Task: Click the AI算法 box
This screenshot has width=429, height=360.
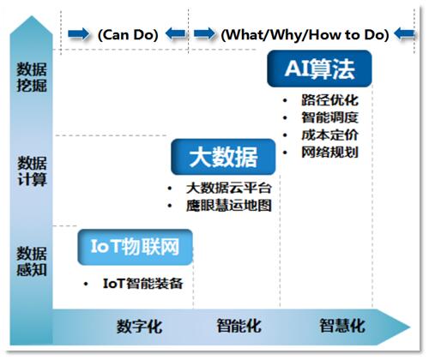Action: click(x=319, y=69)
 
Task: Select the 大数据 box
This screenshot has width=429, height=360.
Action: click(x=223, y=157)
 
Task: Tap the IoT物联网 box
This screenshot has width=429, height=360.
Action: click(x=135, y=247)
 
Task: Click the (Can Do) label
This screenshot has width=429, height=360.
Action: click(x=128, y=35)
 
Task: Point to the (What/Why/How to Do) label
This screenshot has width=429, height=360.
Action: click(x=305, y=35)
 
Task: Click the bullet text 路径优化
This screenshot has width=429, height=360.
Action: click(x=329, y=100)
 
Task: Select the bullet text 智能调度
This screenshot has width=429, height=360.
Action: click(x=329, y=117)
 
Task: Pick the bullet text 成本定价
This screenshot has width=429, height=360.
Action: click(x=329, y=135)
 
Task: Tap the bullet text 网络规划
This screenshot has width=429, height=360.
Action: click(x=329, y=152)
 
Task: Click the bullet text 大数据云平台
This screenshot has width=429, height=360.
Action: click(x=228, y=188)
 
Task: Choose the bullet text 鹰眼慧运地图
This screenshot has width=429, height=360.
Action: click(x=228, y=206)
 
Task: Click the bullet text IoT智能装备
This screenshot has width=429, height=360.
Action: click(x=142, y=284)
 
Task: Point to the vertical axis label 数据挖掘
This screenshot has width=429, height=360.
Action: click(x=32, y=77)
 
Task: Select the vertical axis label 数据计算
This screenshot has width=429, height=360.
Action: click(x=32, y=171)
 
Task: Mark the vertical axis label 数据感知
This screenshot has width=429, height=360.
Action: click(x=32, y=261)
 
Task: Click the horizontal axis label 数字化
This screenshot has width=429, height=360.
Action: click(x=139, y=327)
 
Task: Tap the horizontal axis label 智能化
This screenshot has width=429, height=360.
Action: click(x=239, y=326)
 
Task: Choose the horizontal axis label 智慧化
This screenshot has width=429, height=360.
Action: click(x=342, y=326)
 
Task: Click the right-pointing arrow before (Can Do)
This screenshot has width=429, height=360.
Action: click(x=78, y=34)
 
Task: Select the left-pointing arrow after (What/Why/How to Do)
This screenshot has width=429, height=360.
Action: click(x=404, y=34)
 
